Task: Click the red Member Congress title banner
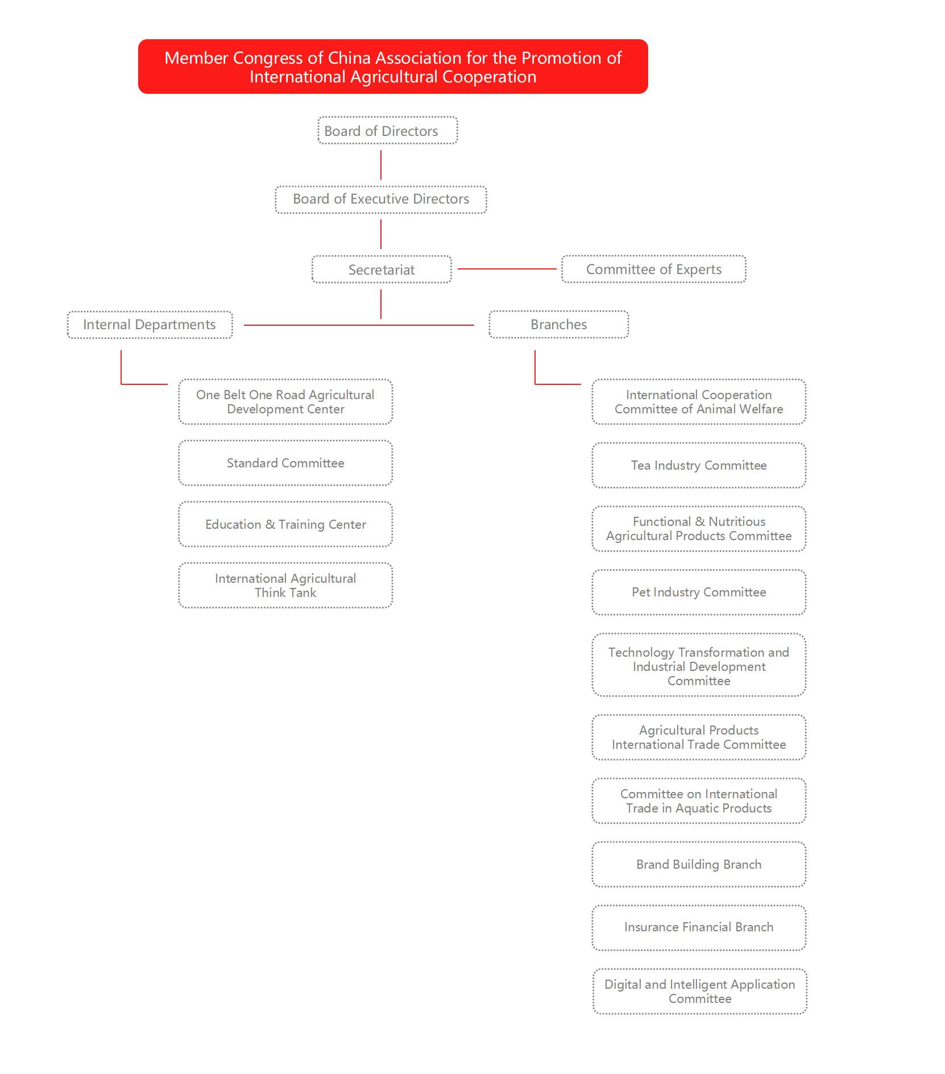393,67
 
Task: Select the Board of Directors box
388,130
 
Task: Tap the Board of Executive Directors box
381,200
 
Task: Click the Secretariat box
382,269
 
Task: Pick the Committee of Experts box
654,269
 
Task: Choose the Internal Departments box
150,325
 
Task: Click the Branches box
559,324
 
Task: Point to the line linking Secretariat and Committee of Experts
507,269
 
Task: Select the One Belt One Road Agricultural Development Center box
285,402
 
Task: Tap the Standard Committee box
285,463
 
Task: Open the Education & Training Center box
285,524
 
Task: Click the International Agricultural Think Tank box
285,586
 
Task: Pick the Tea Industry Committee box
699,465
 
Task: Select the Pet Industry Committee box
699,592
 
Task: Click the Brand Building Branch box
699,864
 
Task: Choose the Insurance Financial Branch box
699,927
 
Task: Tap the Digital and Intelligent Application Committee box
700,992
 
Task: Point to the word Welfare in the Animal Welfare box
761,409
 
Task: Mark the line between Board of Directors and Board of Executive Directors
381,165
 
